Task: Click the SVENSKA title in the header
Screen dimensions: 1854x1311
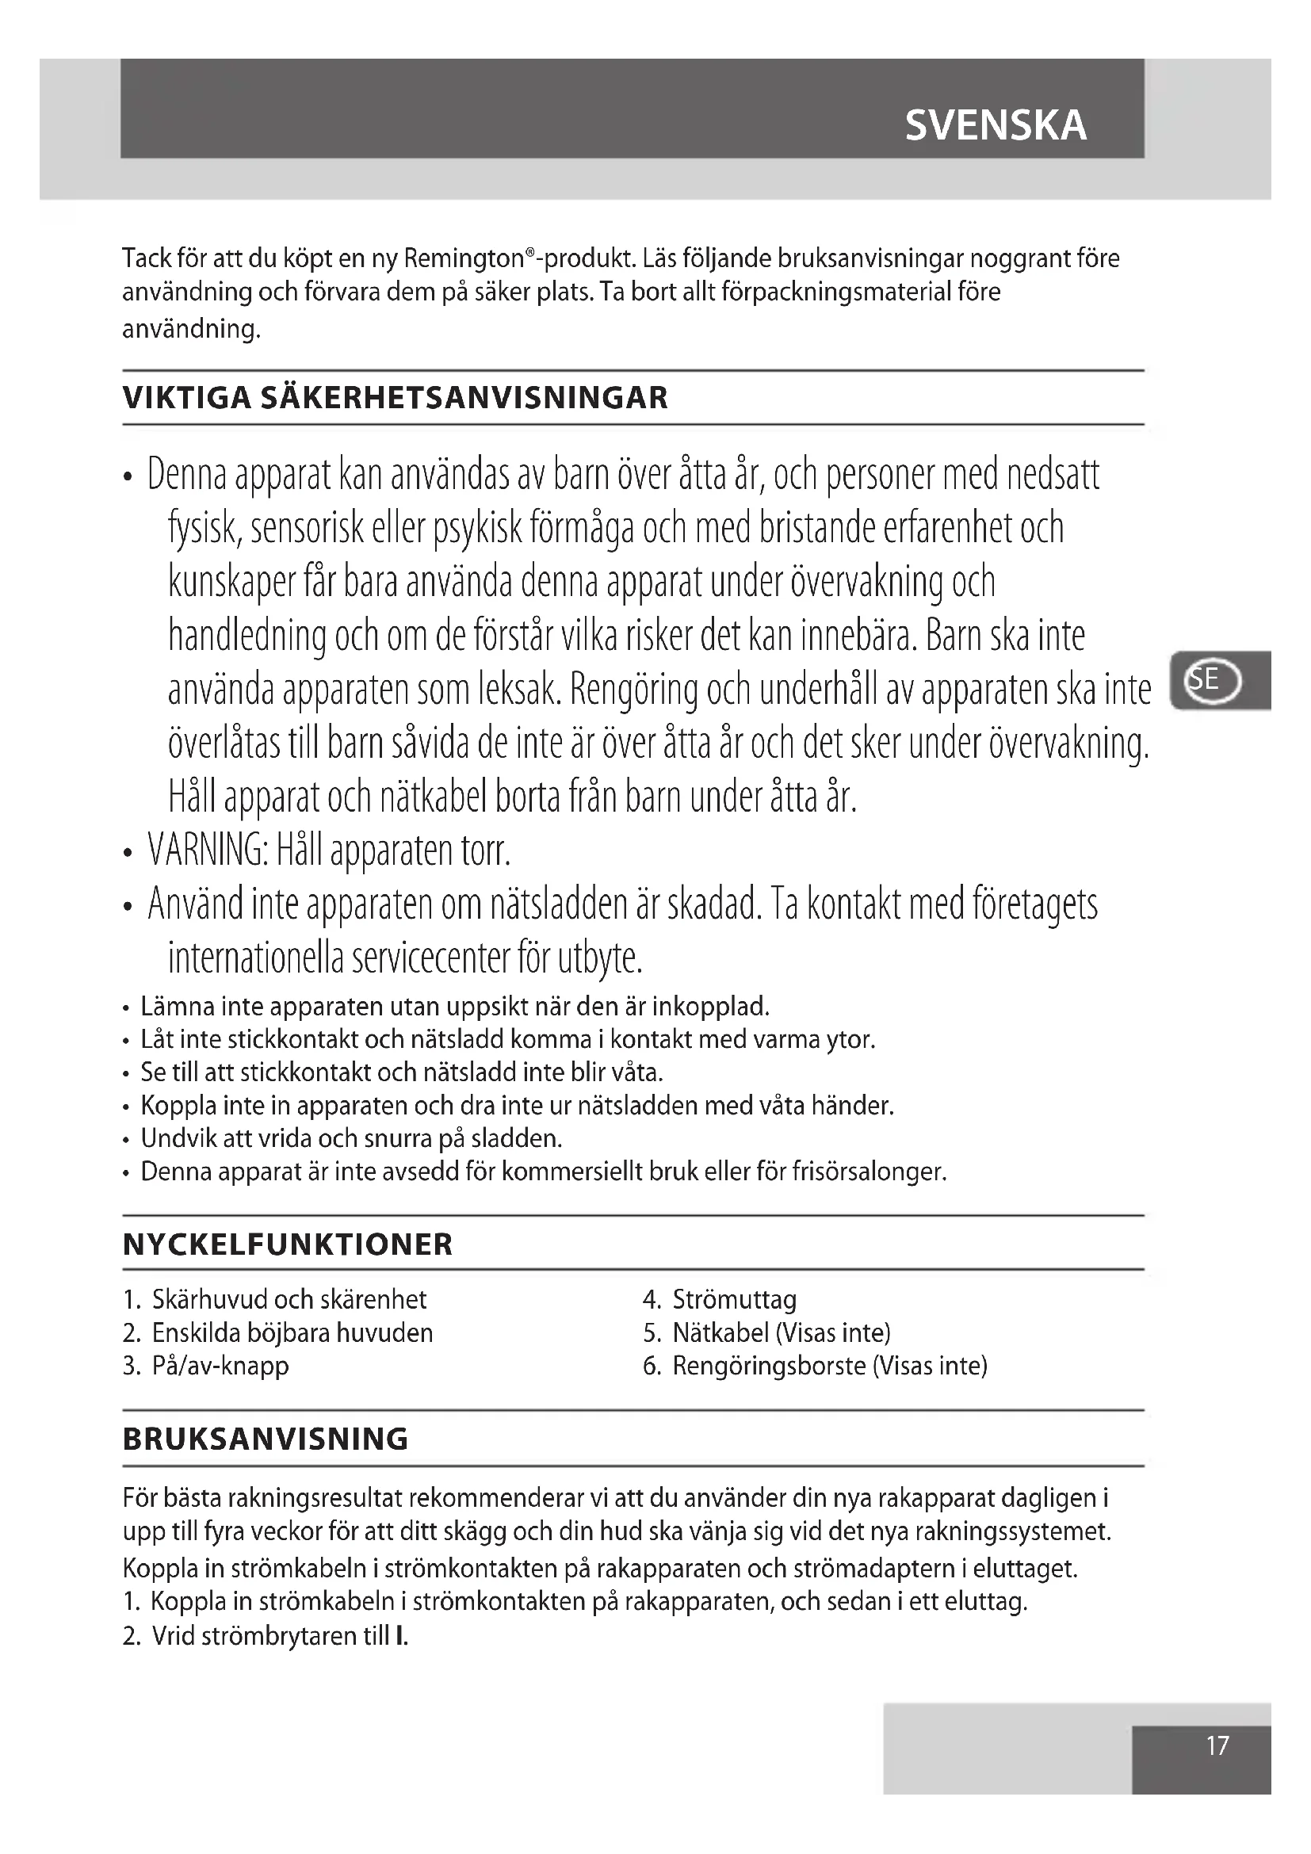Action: click(996, 125)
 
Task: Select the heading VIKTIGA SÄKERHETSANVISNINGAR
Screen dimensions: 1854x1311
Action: click(395, 398)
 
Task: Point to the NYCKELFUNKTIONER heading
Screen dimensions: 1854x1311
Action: click(288, 1244)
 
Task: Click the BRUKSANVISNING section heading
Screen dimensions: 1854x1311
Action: click(266, 1439)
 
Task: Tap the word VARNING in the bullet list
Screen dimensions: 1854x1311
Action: click(207, 851)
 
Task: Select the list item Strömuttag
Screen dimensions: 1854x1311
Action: click(734, 1299)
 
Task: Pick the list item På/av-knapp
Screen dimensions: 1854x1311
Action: click(220, 1366)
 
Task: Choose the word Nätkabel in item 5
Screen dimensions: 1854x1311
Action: click(720, 1332)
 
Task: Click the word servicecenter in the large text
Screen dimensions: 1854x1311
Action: click(397, 958)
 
